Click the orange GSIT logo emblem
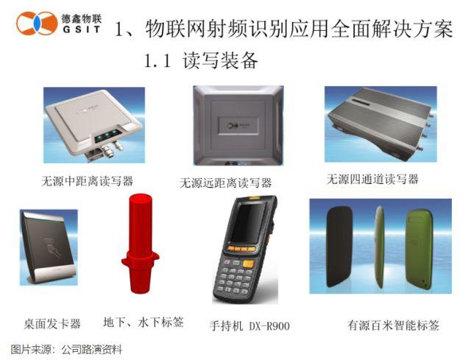[37, 23]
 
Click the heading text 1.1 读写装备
[201, 60]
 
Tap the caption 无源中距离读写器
[87, 181]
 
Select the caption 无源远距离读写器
[226, 183]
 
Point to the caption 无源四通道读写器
[372, 179]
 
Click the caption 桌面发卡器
[52, 324]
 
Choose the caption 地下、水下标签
[144, 322]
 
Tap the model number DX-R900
[269, 326]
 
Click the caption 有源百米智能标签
[393, 325]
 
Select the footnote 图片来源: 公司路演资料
[66, 350]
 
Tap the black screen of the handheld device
[247, 222]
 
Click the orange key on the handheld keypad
[248, 264]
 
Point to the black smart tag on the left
[339, 247]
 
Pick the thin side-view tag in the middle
[380, 247]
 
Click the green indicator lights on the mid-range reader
[106, 135]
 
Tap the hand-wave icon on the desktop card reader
[53, 248]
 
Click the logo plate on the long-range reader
[238, 125]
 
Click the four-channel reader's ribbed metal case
[380, 122]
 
